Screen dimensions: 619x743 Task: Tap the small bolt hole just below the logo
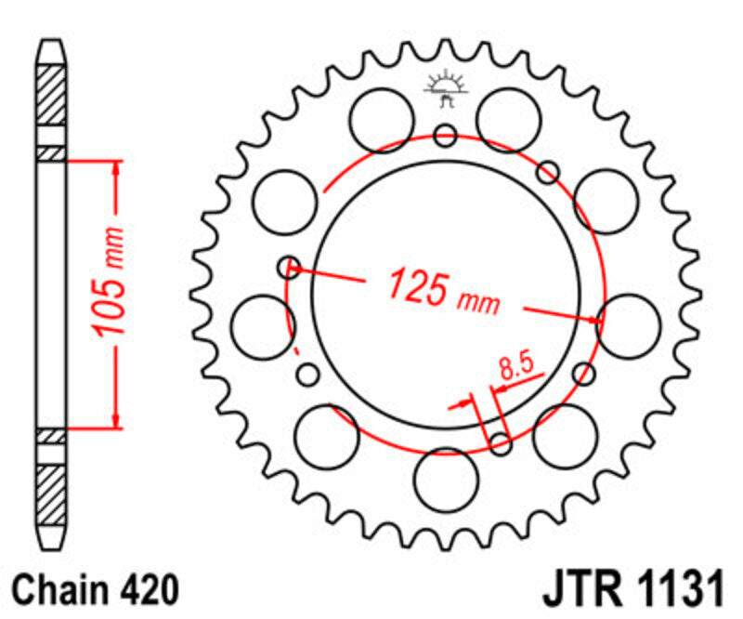(x=446, y=137)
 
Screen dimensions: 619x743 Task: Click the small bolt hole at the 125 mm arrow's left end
(x=289, y=268)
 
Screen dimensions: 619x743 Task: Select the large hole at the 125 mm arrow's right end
(x=629, y=323)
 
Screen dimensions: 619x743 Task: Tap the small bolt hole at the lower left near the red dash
(x=307, y=375)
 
